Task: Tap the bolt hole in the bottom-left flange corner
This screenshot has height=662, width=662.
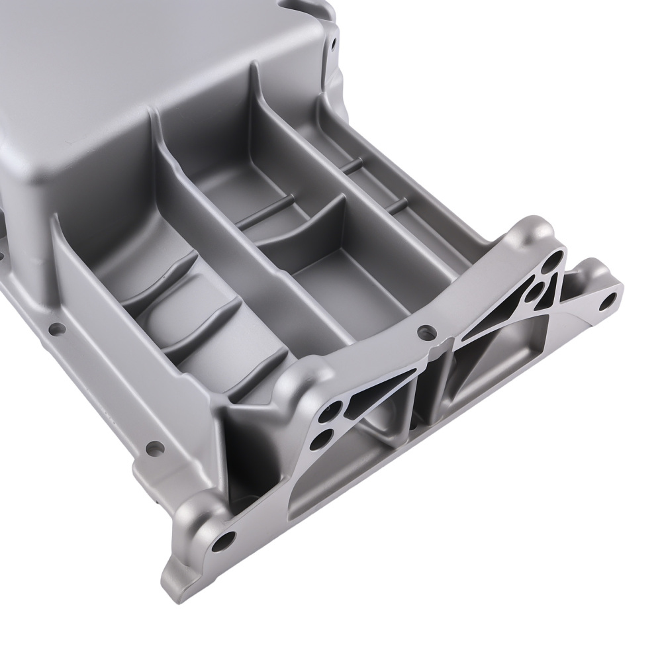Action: (224, 539)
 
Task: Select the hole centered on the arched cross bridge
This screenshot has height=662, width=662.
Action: (422, 331)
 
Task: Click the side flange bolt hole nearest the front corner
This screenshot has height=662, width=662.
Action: (153, 448)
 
